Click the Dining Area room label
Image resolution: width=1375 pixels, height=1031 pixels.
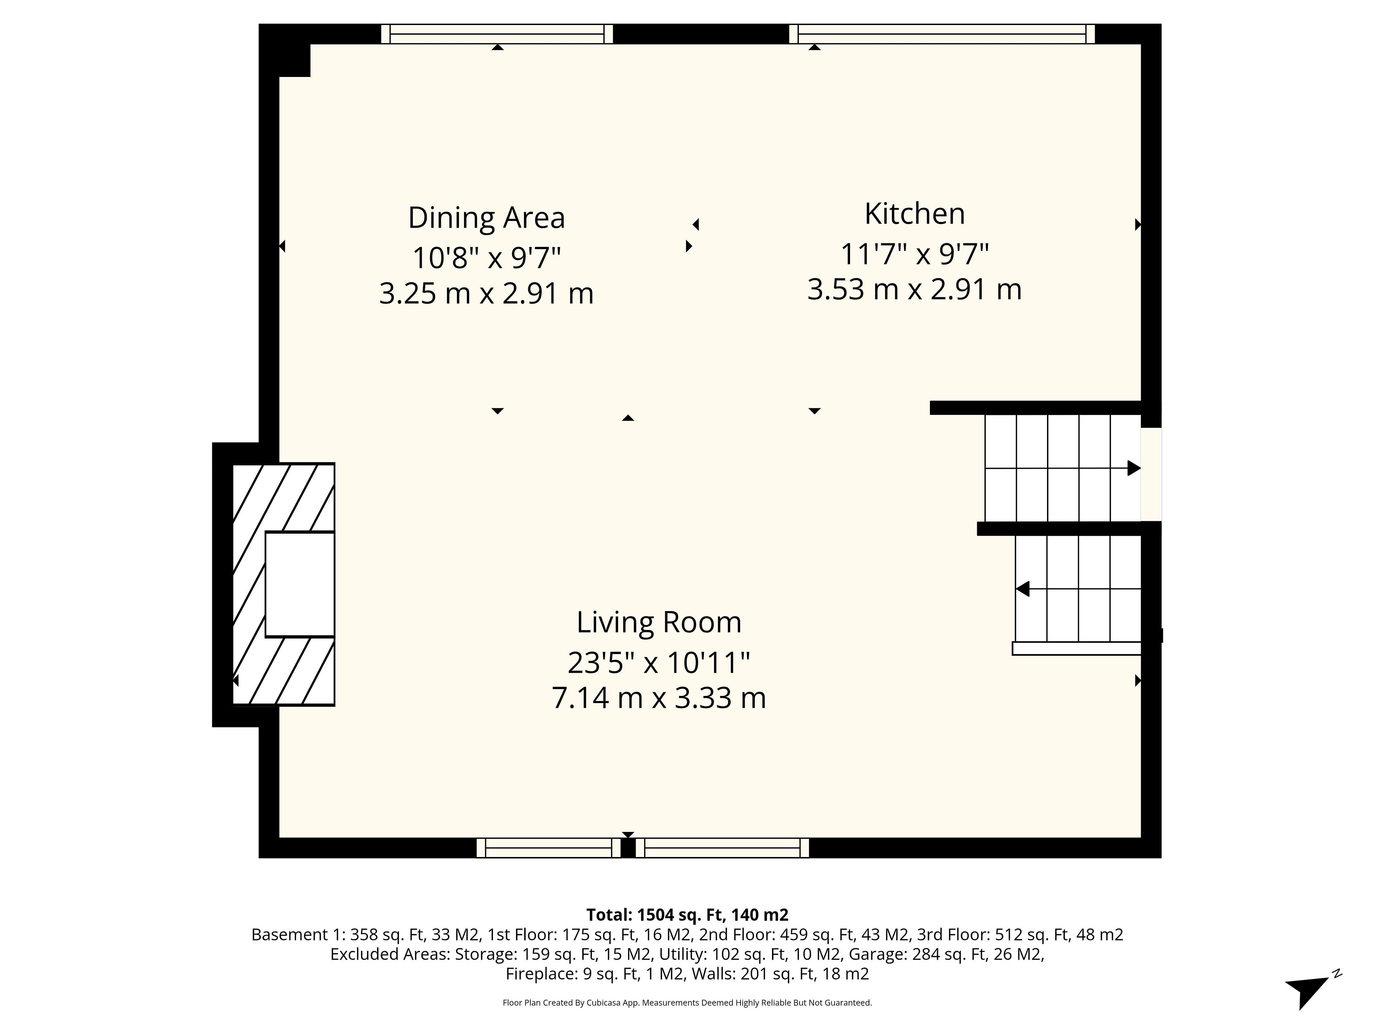click(x=486, y=218)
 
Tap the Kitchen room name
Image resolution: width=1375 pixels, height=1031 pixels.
click(x=915, y=214)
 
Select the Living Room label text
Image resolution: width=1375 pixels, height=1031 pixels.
click(x=659, y=622)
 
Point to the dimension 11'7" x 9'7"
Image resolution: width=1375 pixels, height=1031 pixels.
click(x=915, y=253)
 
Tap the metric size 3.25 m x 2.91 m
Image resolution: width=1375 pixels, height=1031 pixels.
click(x=487, y=293)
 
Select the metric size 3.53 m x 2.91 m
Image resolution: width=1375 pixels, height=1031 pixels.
click(x=915, y=289)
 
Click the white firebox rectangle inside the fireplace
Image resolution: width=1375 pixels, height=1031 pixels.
click(x=300, y=584)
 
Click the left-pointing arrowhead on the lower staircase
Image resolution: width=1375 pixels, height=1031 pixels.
click(x=1023, y=589)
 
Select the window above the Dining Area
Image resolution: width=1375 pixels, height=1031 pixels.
click(x=497, y=34)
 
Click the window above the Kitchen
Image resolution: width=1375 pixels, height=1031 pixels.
click(x=942, y=34)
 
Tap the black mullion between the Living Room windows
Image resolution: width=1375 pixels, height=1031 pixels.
click(x=628, y=848)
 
